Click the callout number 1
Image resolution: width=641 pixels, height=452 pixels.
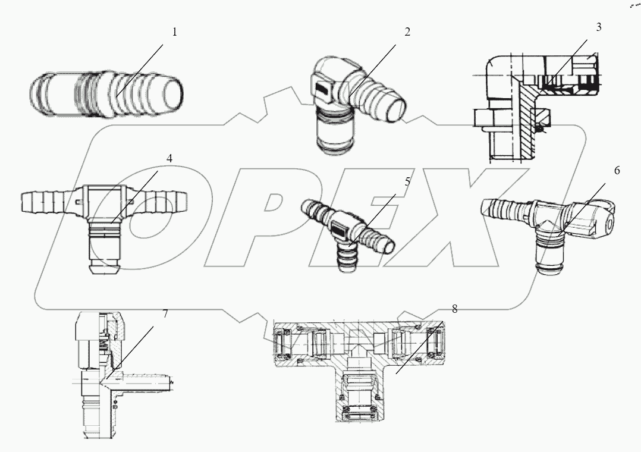[x=174, y=32]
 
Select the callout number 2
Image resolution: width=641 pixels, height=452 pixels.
[x=407, y=32]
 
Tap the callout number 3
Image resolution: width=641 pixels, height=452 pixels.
[x=598, y=27]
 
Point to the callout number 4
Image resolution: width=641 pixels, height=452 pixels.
[x=169, y=159]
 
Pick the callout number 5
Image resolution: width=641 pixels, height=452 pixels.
[x=407, y=182]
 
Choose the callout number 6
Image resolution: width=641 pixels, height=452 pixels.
[x=617, y=171]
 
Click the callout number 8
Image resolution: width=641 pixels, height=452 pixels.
[x=454, y=309]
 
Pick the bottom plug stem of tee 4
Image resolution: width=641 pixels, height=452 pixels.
[x=106, y=253]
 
